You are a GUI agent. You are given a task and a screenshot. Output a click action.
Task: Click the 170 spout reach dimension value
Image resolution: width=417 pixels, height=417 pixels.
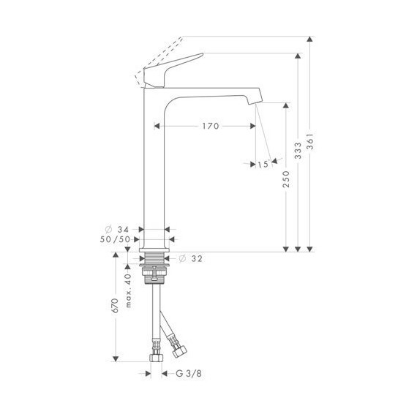coord(210,126)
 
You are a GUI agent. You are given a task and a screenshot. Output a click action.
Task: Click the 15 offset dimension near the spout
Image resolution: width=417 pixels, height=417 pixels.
coord(263,165)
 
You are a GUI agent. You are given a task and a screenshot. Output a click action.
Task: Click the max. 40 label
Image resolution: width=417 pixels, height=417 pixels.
coord(128,291)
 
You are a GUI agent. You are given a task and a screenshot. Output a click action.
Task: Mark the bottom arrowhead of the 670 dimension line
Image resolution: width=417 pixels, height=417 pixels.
coord(115,358)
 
